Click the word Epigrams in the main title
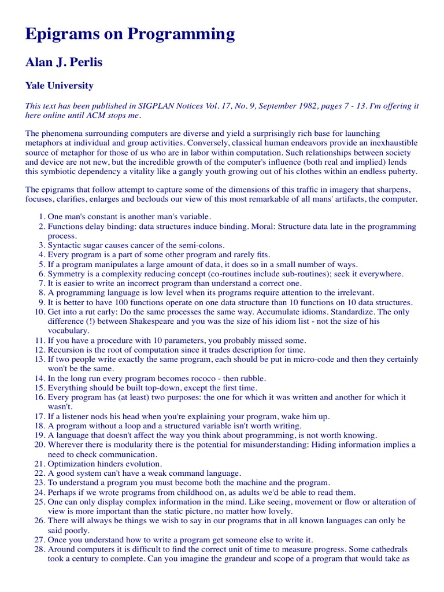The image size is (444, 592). click(x=61, y=35)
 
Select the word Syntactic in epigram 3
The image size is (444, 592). click(x=66, y=245)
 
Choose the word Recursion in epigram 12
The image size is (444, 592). click(x=68, y=349)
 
